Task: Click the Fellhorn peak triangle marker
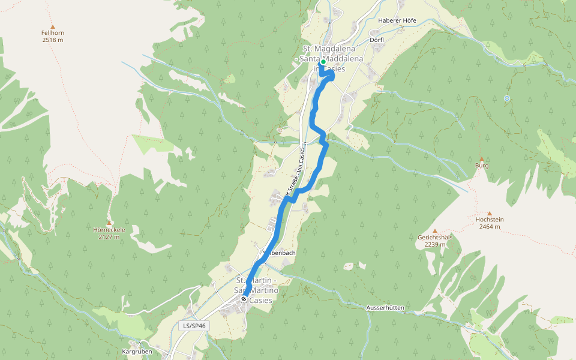pos(52,26)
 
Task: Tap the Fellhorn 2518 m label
pos(52,36)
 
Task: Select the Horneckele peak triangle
pos(109,223)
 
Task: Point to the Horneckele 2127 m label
pos(109,233)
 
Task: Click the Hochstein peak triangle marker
pos(489,213)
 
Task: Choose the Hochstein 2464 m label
pos(489,223)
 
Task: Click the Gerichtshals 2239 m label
pos(434,241)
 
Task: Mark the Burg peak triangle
pos(481,159)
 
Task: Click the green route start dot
pos(323,62)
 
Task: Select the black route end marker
pos(244,299)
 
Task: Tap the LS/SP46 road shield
pos(194,326)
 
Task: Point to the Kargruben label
pos(135,351)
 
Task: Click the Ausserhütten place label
pos(385,308)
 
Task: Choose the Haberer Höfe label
pos(397,20)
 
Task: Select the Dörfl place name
pos(377,41)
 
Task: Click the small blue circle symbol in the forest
pos(507,98)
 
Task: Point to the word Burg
pos(481,166)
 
